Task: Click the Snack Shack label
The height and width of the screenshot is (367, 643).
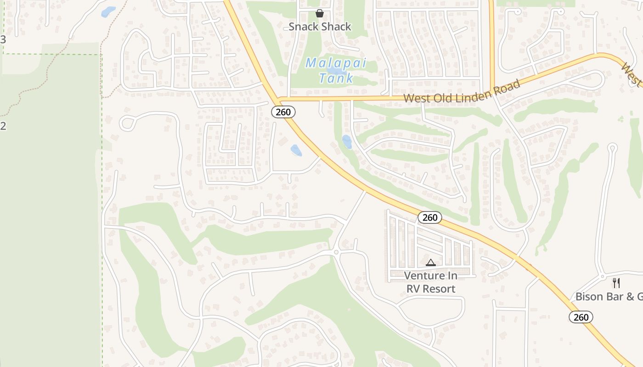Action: [x=320, y=27]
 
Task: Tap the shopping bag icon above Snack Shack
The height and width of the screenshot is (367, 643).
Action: [x=320, y=13]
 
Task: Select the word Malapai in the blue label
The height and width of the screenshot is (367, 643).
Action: [x=336, y=63]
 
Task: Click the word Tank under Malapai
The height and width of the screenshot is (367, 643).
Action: [x=337, y=78]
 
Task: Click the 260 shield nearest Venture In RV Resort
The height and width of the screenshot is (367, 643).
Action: [x=430, y=217]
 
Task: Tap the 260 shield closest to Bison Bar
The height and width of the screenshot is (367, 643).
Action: [x=581, y=317]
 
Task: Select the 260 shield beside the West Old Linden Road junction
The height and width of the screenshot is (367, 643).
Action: [x=283, y=112]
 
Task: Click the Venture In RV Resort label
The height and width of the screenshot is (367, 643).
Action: [x=431, y=282]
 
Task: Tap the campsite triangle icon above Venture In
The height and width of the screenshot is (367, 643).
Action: [x=430, y=263]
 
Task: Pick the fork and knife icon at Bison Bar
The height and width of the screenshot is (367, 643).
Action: [x=616, y=283]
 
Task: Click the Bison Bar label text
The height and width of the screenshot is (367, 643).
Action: [x=609, y=296]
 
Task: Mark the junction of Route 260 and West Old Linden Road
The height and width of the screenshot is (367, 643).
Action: [x=278, y=99]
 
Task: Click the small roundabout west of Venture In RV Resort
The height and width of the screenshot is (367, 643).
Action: [x=336, y=252]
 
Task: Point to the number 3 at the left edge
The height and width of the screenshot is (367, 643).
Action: [x=3, y=40]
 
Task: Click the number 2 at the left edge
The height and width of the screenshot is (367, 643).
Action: [x=3, y=126]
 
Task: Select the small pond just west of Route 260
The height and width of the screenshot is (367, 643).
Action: [x=296, y=150]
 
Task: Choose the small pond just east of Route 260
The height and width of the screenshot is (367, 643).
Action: [x=347, y=142]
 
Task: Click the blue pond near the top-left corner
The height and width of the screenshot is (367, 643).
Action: [x=108, y=11]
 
